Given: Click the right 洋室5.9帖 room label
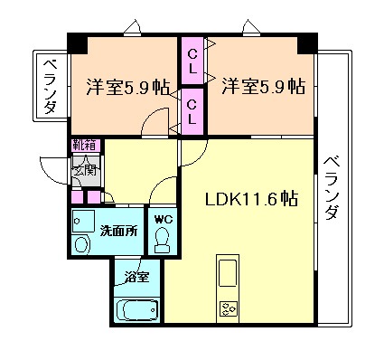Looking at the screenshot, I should [x=262, y=88].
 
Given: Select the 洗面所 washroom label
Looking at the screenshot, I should [x=117, y=231].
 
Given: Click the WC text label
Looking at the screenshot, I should [x=163, y=220].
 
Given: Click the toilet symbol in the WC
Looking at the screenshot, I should [x=163, y=239].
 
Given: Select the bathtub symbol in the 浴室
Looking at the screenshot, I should [x=138, y=310].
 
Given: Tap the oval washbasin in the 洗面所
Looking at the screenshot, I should [x=82, y=244].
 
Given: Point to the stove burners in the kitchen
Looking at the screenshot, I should [x=227, y=309].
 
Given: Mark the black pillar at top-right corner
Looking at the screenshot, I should [x=309, y=43].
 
